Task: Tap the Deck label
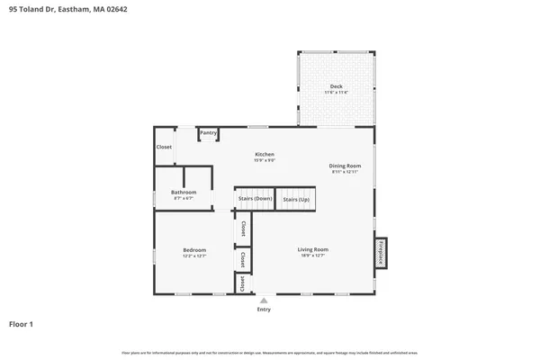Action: pyautogui.click(x=336, y=86)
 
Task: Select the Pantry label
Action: pyautogui.click(x=209, y=133)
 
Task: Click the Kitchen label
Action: pyautogui.click(x=264, y=155)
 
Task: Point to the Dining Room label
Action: pyautogui.click(x=345, y=166)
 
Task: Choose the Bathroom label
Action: pyautogui.click(x=184, y=192)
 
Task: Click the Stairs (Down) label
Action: pyautogui.click(x=255, y=199)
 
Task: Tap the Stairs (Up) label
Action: pyautogui.click(x=296, y=199)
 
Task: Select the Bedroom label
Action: pyautogui.click(x=195, y=249)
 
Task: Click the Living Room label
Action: pyautogui.click(x=313, y=249)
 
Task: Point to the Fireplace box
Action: pyautogui.click(x=381, y=251)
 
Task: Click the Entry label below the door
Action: pyautogui.click(x=264, y=310)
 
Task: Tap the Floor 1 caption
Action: pyautogui.click(x=22, y=323)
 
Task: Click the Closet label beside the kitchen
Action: pyautogui.click(x=164, y=147)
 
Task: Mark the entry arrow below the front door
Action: pyautogui.click(x=264, y=301)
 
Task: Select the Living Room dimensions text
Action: pyautogui.click(x=313, y=256)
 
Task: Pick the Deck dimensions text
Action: pyautogui.click(x=336, y=93)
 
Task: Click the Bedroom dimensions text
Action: pyautogui.click(x=195, y=256)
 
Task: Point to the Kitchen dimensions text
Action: pyautogui.click(x=264, y=161)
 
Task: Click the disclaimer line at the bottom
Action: pyautogui.click(x=270, y=351)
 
